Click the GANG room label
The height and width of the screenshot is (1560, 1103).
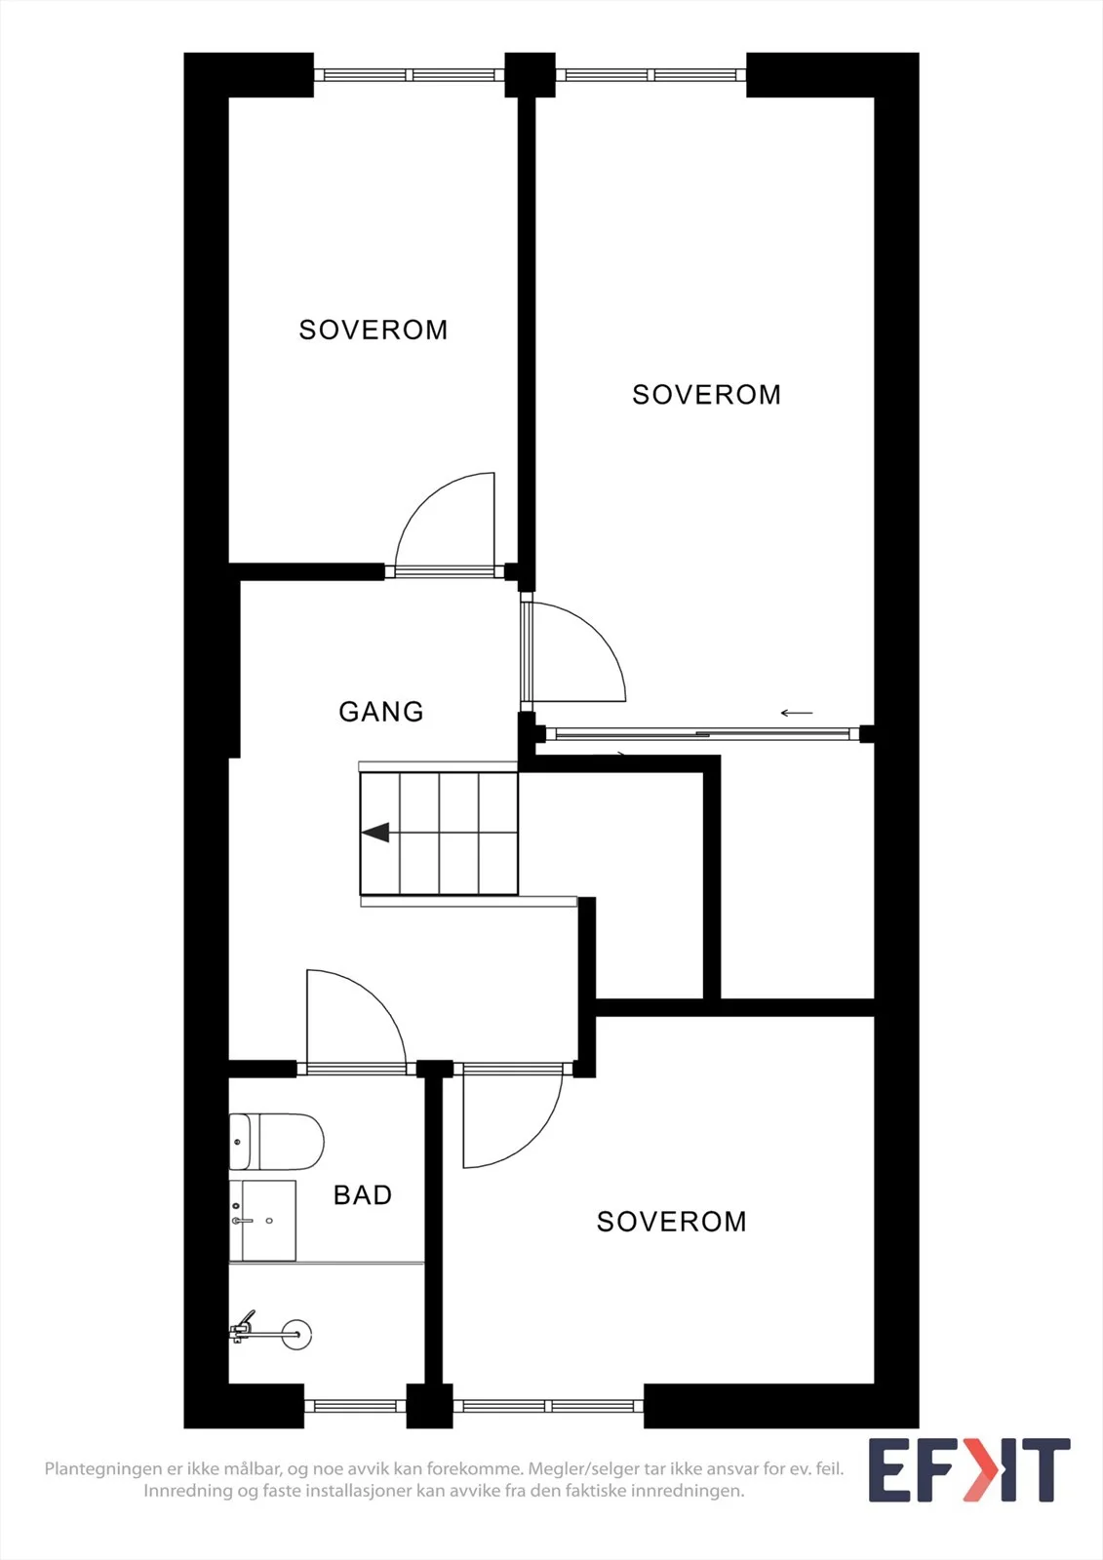coord(381,711)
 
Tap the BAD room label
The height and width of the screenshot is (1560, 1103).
coord(363,1195)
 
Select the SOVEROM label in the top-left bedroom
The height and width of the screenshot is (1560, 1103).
coord(374,330)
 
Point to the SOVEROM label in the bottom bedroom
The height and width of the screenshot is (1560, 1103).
coord(672,1222)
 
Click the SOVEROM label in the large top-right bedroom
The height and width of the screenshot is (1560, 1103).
coord(706,395)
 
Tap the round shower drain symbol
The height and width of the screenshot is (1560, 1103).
coord(297,1335)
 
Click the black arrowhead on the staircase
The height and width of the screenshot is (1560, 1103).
coord(375,833)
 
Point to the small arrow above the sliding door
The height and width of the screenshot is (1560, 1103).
coord(797,713)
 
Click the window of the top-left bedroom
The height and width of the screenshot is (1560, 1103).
coord(409,74)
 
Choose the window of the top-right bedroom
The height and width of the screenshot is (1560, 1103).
coord(650,74)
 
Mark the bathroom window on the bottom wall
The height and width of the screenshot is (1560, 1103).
coord(355,1405)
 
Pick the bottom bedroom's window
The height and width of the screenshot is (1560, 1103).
coord(548,1405)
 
